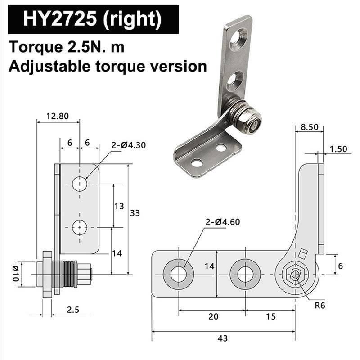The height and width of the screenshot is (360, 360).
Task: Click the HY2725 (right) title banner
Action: point(93,19)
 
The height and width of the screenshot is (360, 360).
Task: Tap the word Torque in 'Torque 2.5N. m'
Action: point(36,47)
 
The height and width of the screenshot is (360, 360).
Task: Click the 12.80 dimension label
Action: point(58,116)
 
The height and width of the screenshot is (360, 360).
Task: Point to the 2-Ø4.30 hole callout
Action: point(129,145)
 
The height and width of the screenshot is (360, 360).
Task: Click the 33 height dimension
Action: point(135,213)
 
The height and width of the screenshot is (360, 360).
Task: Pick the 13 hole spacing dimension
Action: point(119,206)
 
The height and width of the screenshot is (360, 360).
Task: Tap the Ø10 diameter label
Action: point(15,273)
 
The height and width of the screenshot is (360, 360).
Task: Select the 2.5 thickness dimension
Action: point(73,310)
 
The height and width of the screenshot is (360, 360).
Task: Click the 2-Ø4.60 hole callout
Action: point(223,222)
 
